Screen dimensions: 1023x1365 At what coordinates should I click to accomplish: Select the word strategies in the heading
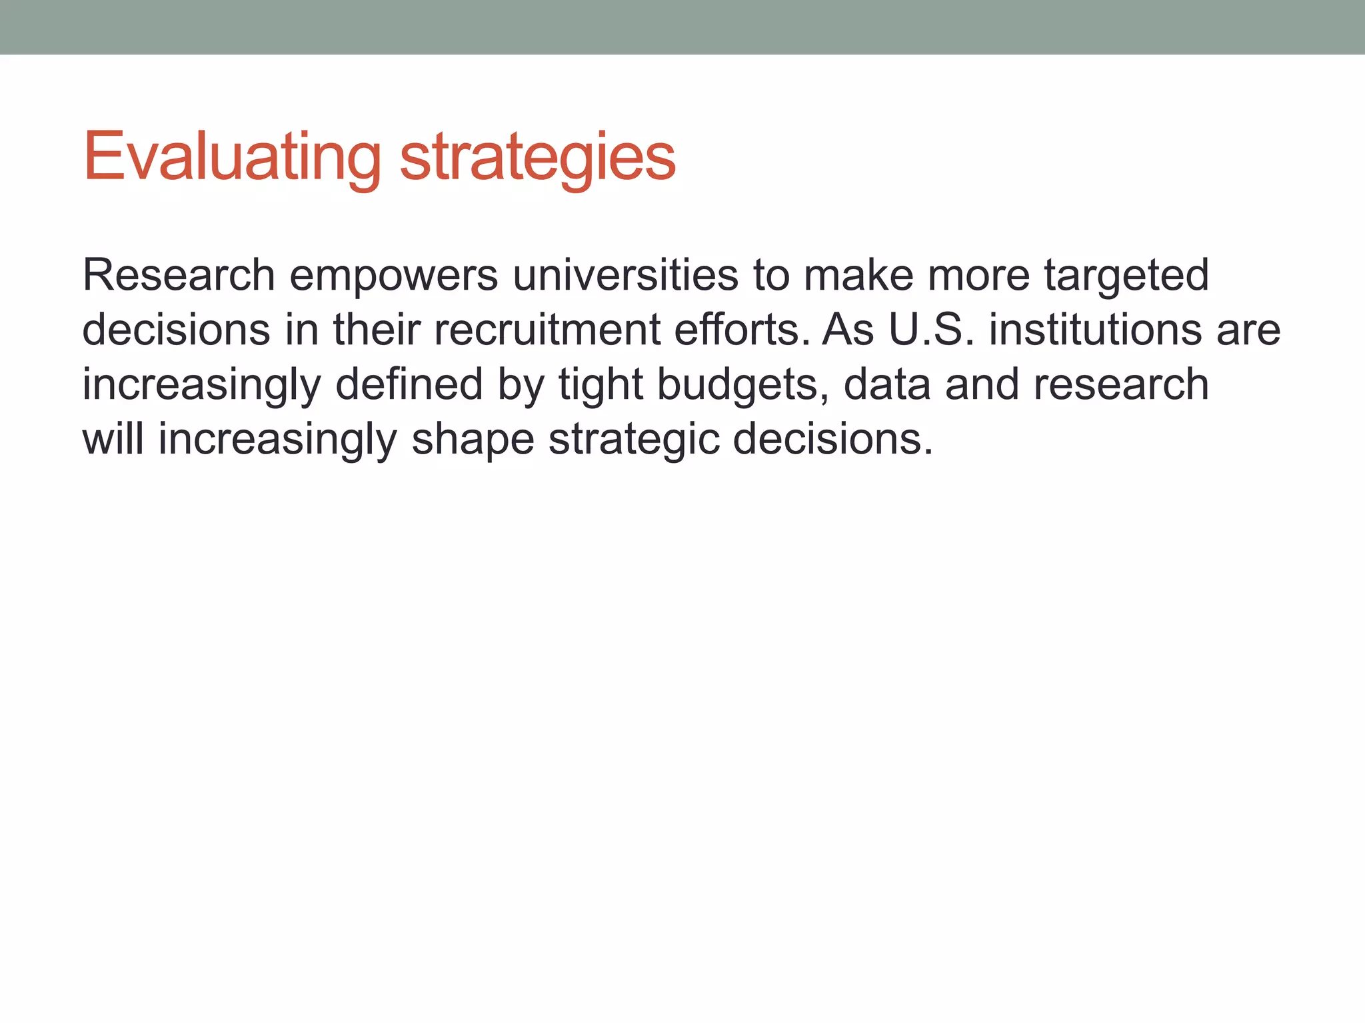coord(537,157)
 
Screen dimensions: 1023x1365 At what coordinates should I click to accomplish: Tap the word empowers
coord(393,275)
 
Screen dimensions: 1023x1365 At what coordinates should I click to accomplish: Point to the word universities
coord(625,275)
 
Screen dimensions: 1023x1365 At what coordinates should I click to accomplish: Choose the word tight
coord(601,384)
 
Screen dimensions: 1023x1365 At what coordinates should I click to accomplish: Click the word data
coord(887,384)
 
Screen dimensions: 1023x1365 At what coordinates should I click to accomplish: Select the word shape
coord(473,440)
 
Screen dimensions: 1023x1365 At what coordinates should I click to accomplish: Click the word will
coord(113,440)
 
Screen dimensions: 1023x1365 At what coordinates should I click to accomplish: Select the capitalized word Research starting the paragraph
coord(179,275)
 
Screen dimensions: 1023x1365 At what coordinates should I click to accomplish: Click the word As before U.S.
coord(848,330)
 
